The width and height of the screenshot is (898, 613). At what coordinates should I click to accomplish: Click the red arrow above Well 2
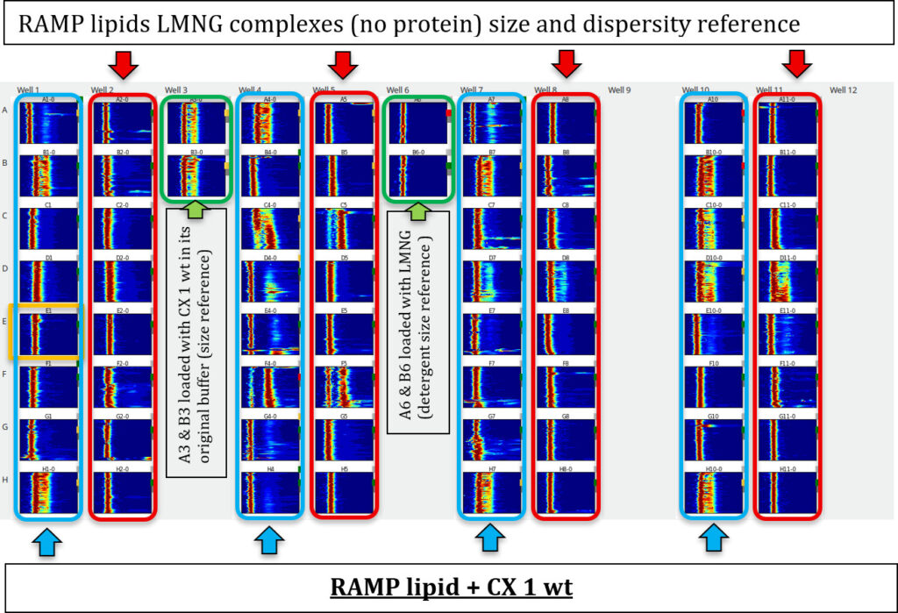122,63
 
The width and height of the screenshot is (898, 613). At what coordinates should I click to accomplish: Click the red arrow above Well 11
796,63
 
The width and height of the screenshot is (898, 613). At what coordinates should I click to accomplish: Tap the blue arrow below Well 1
49,543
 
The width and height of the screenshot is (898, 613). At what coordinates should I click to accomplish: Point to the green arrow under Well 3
196,210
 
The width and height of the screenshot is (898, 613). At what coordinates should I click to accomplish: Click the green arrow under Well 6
417,210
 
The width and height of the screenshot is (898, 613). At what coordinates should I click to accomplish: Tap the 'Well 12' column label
843,89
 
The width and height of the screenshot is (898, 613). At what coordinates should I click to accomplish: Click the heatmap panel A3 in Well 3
196,125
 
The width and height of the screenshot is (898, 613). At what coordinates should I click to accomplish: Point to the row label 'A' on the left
7,110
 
